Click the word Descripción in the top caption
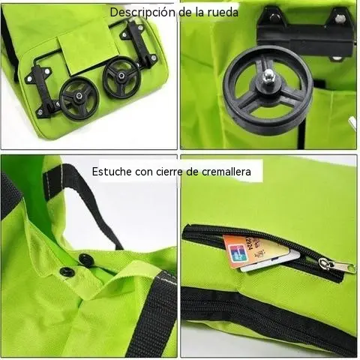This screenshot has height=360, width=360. [x=143, y=13]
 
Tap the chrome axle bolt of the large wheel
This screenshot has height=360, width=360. [x=269, y=74]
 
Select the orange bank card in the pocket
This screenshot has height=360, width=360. [x=253, y=250]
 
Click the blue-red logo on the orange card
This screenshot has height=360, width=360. [x=235, y=254]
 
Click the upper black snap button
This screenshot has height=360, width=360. [x=86, y=260]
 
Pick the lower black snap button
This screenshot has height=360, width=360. [x=67, y=273]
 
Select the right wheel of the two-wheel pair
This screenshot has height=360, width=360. [x=121, y=76]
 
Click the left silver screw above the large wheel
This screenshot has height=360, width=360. [x=274, y=16]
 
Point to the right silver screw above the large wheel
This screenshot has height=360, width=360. [x=339, y=17]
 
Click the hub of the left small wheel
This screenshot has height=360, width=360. [x=79, y=96]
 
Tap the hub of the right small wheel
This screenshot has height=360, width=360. [x=122, y=75]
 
